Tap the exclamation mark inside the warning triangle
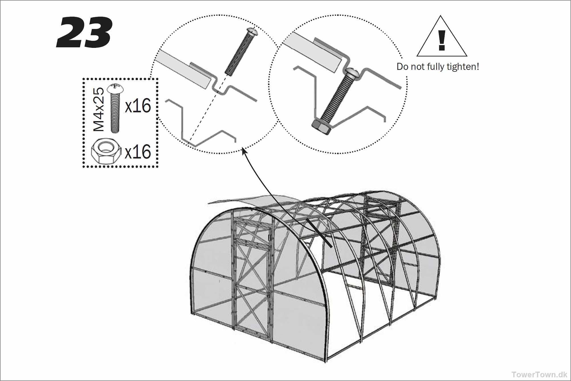442,40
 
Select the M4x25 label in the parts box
99,109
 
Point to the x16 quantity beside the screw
138,106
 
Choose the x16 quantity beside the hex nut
138,152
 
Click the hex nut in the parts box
106,151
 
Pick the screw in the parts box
115,108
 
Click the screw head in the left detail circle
252,31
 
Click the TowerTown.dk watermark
539,374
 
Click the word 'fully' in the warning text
436,67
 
